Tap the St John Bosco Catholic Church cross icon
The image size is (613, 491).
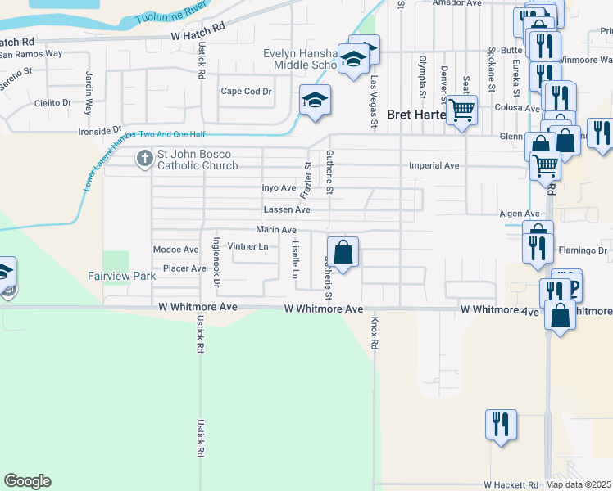point(145,157)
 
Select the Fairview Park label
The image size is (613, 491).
point(122,277)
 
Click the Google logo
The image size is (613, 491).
point(27,481)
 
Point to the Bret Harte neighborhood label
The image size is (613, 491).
point(415,115)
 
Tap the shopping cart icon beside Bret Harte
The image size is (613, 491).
point(462,109)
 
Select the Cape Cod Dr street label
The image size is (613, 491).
point(246,92)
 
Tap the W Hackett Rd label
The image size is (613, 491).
point(511,484)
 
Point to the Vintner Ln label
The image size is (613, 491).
point(248,246)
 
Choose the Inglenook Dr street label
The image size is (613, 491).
point(217,262)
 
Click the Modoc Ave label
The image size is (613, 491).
point(175,250)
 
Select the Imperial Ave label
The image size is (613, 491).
point(434,165)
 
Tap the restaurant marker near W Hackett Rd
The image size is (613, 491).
point(501,424)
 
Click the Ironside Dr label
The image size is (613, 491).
point(99,131)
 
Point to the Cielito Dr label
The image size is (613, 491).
point(52,103)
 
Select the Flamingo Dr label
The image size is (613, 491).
point(583,250)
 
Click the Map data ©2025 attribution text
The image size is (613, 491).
point(578,484)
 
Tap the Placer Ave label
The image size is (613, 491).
point(184,268)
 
